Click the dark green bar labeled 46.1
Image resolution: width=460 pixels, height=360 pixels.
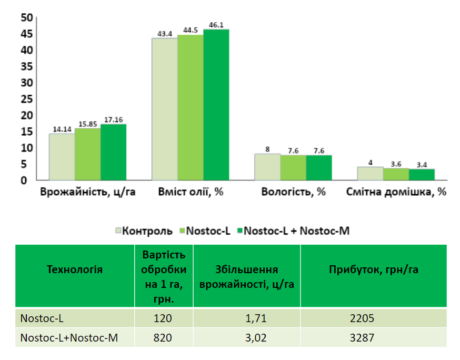pyautogui.click(x=216, y=105)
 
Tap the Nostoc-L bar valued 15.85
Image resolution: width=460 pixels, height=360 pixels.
pyautogui.click(x=87, y=154)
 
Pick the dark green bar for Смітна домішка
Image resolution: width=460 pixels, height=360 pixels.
pyautogui.click(x=422, y=175)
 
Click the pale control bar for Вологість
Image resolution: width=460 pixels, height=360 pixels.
pyautogui.click(x=267, y=167)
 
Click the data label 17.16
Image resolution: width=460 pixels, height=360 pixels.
pyautogui.click(x=113, y=119)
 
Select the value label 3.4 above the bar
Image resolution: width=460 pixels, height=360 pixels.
pyautogui.click(x=422, y=164)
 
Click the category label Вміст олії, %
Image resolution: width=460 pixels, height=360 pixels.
pyautogui.click(x=191, y=192)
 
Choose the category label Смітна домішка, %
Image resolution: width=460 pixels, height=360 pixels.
pyautogui.click(x=396, y=192)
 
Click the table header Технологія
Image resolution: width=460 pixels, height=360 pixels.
pyautogui.click(x=75, y=270)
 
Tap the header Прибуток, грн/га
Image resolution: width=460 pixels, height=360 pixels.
pyautogui.click(x=374, y=270)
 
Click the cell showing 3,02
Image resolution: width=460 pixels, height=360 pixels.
pyautogui.click(x=247, y=337)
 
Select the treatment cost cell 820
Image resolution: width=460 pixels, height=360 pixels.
pyautogui.click(x=164, y=337)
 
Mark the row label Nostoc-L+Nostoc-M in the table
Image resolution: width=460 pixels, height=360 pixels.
pyautogui.click(x=69, y=337)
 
